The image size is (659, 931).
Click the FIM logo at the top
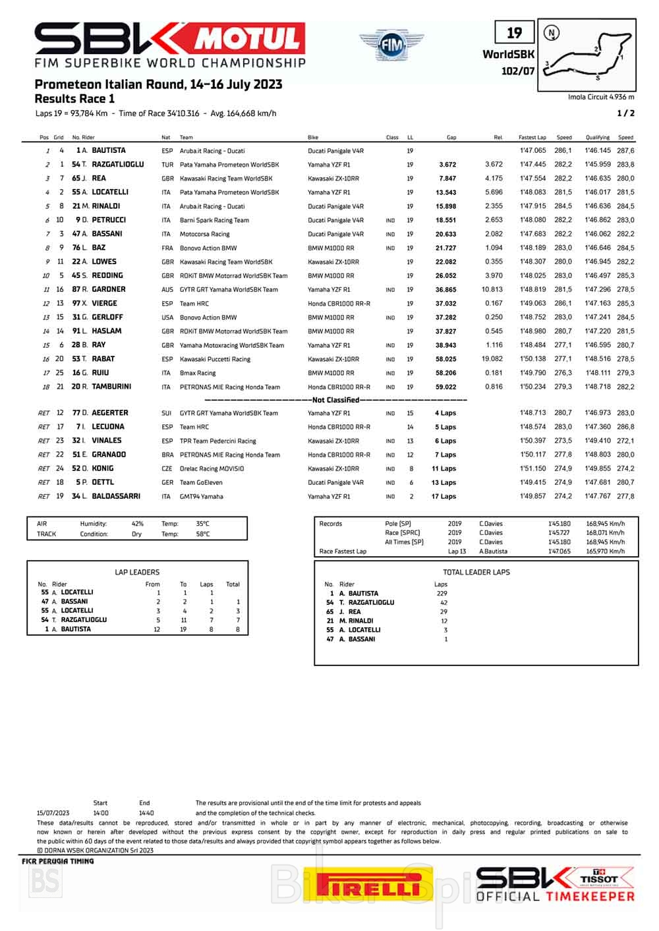tap(387, 45)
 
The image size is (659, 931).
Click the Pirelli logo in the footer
tap(369, 885)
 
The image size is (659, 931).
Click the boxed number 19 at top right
tap(514, 33)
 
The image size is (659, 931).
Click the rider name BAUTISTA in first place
tap(109, 150)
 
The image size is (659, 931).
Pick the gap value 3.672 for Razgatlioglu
tap(447, 165)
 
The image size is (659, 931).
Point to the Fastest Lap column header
tap(532, 138)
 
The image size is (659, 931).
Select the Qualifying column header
tap(597, 138)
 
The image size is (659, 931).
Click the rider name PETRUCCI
tap(109, 220)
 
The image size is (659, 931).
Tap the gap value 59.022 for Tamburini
tap(445, 387)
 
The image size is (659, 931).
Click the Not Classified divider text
tap(335, 400)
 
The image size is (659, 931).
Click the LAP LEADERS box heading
tap(137, 572)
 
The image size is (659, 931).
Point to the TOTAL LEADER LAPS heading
tap(476, 572)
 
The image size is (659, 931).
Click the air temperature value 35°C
tap(202, 524)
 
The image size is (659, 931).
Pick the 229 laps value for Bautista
tap(441, 593)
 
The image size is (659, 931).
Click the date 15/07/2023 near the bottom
tap(53, 813)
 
